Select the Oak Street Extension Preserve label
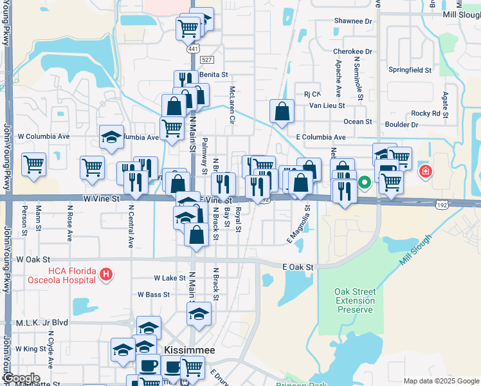click(355, 300)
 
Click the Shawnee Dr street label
click(353, 21)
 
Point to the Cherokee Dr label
click(353, 51)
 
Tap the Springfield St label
click(410, 69)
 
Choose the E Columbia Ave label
click(321, 137)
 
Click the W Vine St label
click(102, 199)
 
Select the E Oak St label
click(297, 266)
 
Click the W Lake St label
click(170, 278)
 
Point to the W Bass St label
click(153, 295)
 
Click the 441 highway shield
click(194, 49)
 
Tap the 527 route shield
click(206, 59)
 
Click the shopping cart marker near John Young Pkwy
click(33, 164)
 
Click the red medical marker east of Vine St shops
click(425, 171)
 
